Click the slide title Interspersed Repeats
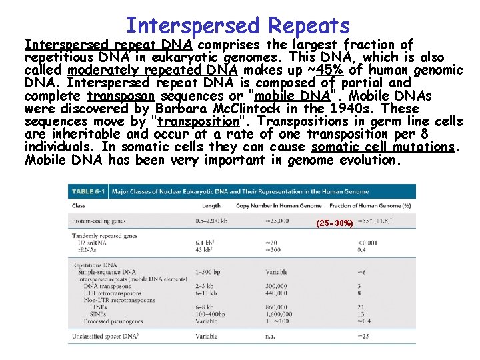coord(237,26)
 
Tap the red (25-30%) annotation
coord(335,223)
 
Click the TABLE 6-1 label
coord(88,191)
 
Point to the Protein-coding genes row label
coord(97,220)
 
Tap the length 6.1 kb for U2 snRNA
coord(205,243)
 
